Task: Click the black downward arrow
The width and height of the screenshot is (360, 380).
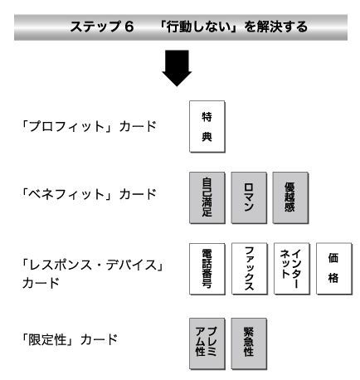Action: pyautogui.click(x=177, y=68)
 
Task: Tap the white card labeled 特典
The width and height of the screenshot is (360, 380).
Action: pyautogui.click(x=207, y=126)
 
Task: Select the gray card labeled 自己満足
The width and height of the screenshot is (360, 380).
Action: pyautogui.click(x=207, y=197)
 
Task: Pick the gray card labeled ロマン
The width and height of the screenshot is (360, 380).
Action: pyautogui.click(x=249, y=197)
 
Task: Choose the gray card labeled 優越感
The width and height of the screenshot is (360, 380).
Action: pyautogui.click(x=290, y=197)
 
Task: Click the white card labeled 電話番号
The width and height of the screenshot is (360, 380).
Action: pyautogui.click(x=207, y=269)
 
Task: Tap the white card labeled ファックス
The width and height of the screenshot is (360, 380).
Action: pyautogui.click(x=250, y=269)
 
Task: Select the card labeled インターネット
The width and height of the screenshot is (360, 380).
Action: pyautogui.click(x=292, y=269)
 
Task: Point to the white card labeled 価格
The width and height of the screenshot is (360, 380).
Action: pyautogui.click(x=334, y=269)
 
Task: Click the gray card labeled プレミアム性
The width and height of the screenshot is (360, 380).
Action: pyautogui.click(x=207, y=343)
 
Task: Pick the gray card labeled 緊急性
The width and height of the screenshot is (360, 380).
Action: pyautogui.click(x=249, y=343)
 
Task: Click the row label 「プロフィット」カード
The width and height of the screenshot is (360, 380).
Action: pyautogui.click(x=90, y=126)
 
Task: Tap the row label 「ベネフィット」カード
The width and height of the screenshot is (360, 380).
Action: pyautogui.click(x=90, y=194)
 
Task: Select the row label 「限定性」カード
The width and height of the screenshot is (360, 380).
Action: pyautogui.click(x=70, y=340)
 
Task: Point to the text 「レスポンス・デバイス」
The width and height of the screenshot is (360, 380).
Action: pyautogui.click(x=94, y=266)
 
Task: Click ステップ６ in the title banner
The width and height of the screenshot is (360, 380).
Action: pyautogui.click(x=102, y=27)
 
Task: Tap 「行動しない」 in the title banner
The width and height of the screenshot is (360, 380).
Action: pyautogui.click(x=200, y=27)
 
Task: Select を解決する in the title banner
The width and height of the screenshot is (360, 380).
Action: pyautogui.click(x=275, y=27)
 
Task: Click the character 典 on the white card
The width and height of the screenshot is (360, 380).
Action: pyautogui.click(x=207, y=137)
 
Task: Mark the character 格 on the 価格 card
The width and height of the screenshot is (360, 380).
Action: pyautogui.click(x=333, y=278)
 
